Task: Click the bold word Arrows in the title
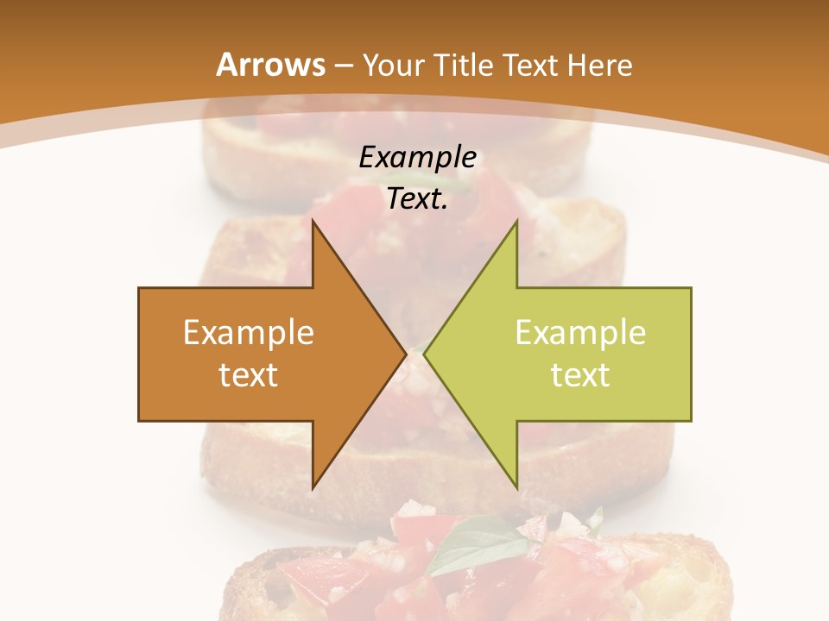271,65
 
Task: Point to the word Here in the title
599,65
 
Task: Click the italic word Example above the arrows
417,157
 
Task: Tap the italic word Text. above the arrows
417,199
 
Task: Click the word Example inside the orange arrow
249,332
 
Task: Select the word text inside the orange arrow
249,374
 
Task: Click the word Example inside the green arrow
580,332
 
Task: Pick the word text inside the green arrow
580,374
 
